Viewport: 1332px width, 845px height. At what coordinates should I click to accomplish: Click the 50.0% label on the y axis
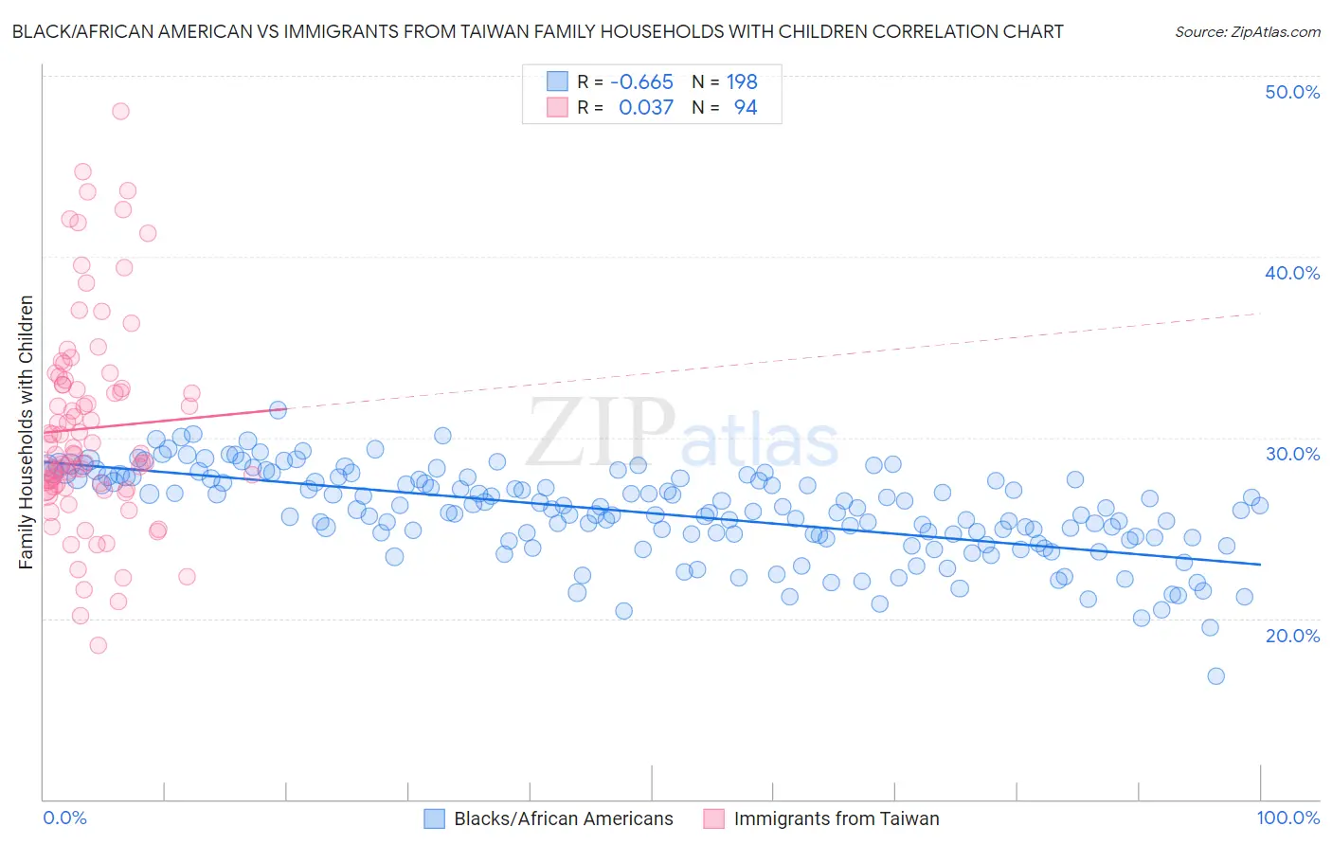[1291, 92]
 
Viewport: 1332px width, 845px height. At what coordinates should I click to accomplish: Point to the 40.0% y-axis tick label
[1291, 273]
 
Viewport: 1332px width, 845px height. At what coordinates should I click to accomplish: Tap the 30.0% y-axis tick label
[1291, 454]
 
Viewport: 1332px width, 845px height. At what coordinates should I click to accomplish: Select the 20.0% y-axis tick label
[1291, 635]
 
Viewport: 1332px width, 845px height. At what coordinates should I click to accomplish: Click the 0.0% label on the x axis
[64, 818]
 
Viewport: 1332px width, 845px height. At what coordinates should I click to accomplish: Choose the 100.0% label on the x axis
[1287, 818]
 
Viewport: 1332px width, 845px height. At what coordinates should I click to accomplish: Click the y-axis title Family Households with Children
[26, 432]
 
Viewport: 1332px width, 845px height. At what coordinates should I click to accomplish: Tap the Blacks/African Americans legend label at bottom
[564, 819]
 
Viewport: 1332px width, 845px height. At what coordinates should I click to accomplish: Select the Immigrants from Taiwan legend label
[837, 819]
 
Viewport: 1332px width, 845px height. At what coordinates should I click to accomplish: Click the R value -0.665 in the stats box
[641, 82]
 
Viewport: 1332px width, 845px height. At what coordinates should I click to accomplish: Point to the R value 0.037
[646, 108]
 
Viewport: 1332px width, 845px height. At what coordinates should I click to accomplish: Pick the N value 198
[742, 82]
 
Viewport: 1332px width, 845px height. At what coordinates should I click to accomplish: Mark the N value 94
[746, 108]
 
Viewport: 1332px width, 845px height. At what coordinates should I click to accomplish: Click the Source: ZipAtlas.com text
[1247, 31]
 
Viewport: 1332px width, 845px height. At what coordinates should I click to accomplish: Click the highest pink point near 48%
[120, 111]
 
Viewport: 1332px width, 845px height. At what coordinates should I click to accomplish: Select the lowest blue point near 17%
[1215, 676]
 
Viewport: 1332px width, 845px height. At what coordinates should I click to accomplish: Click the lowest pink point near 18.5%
[98, 645]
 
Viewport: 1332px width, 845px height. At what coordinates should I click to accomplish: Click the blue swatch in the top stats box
[557, 82]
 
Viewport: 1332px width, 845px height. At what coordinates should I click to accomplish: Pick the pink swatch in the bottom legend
[713, 819]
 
